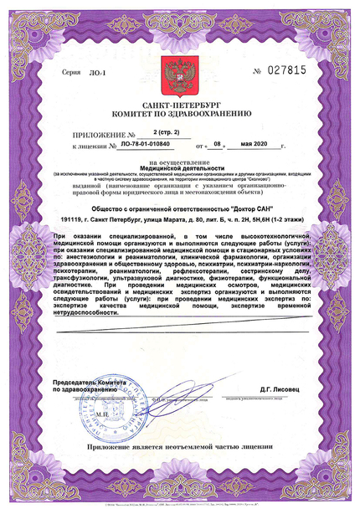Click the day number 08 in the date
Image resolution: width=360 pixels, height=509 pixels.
(219, 144)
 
